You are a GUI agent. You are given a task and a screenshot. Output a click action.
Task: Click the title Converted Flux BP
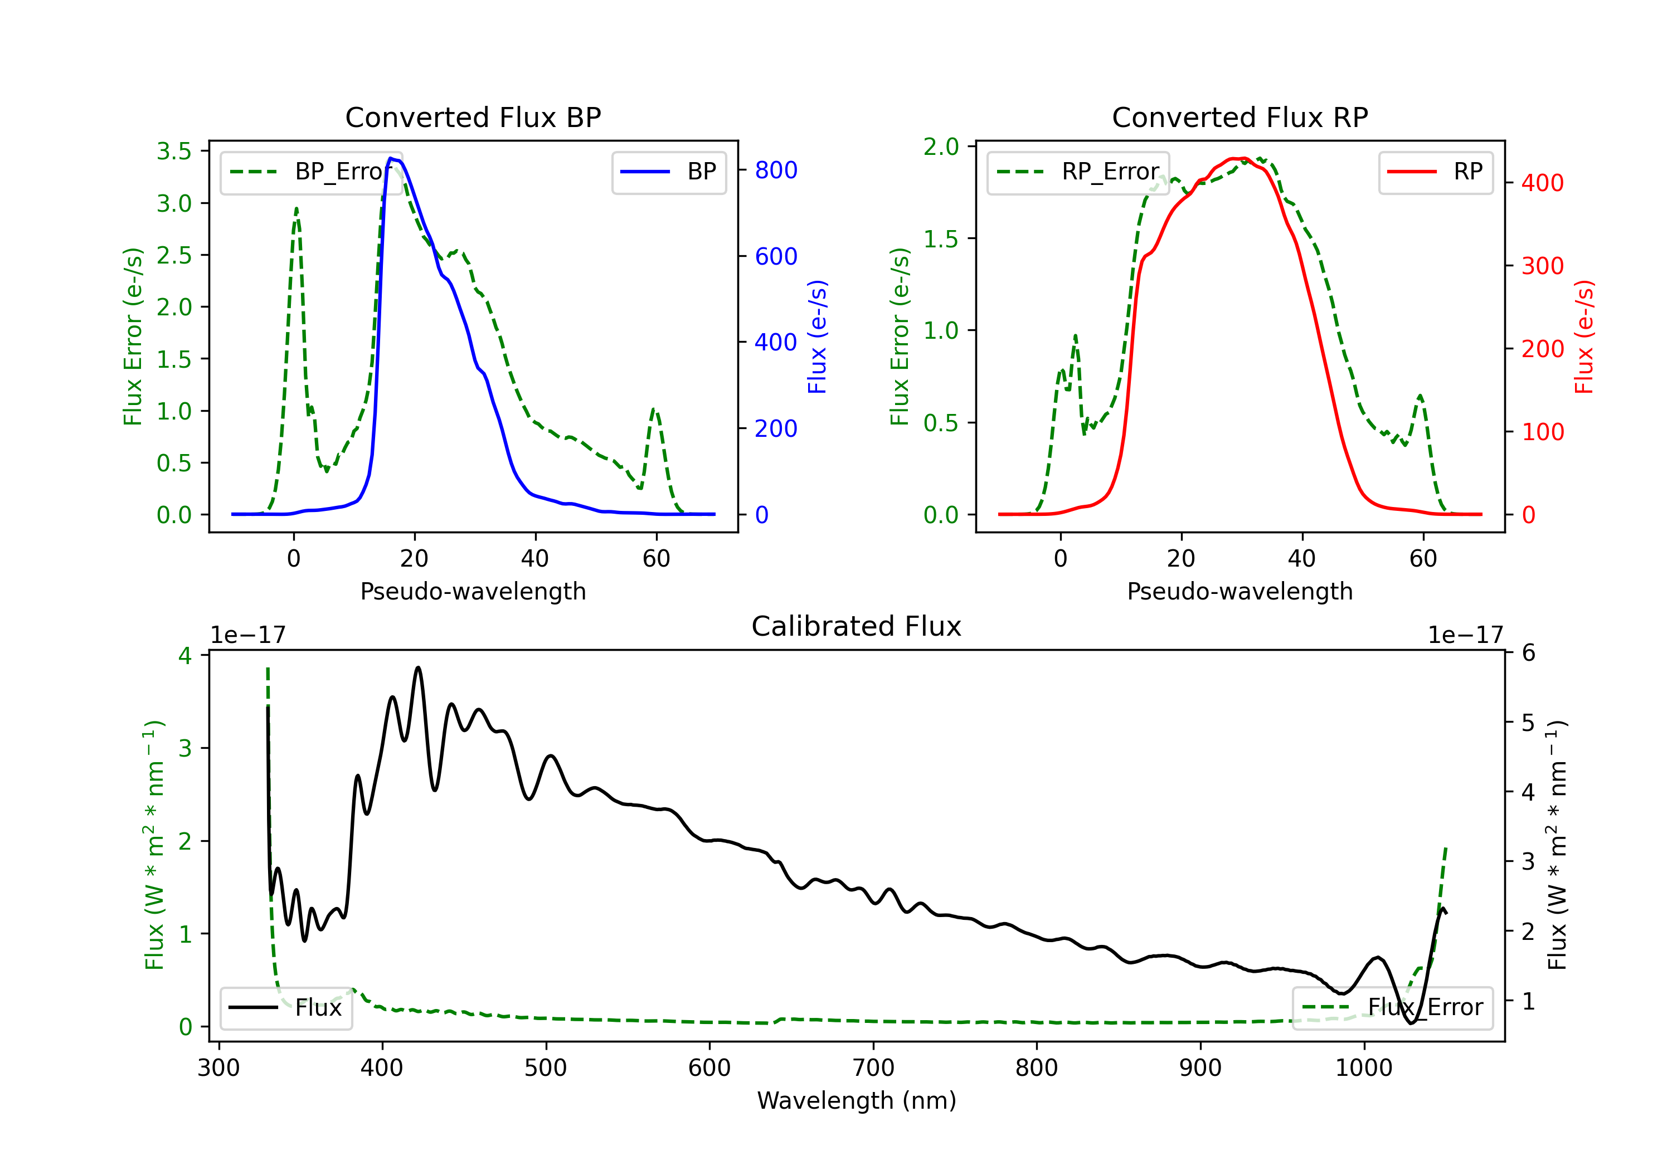pyautogui.click(x=473, y=117)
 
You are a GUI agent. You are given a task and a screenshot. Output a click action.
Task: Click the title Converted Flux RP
pyautogui.click(x=1240, y=117)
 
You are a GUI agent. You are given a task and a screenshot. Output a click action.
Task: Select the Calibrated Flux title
pyautogui.click(x=857, y=626)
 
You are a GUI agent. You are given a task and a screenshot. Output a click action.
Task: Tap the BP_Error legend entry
pyautogui.click(x=312, y=172)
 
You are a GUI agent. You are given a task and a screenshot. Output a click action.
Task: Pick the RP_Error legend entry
pyautogui.click(x=1078, y=172)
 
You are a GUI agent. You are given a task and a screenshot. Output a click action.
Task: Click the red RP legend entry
pyautogui.click(x=1435, y=172)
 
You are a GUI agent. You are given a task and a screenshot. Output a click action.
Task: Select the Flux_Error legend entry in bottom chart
pyautogui.click(x=1392, y=1008)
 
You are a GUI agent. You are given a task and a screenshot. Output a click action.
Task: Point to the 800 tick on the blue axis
pyautogui.click(x=776, y=170)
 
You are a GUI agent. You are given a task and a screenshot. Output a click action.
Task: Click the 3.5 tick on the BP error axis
pyautogui.click(x=174, y=151)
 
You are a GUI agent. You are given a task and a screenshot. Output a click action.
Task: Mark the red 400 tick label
pyautogui.click(x=1542, y=183)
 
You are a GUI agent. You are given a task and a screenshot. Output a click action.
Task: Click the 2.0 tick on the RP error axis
pyautogui.click(x=941, y=147)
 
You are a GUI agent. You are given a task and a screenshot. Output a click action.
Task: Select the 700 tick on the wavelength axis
pyautogui.click(x=873, y=1068)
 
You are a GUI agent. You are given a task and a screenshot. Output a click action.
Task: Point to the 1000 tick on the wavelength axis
pyautogui.click(x=1364, y=1068)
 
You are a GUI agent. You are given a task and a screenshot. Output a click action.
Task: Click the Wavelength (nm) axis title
pyautogui.click(x=857, y=1101)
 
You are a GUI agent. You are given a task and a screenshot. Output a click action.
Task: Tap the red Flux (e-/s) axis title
pyautogui.click(x=1584, y=337)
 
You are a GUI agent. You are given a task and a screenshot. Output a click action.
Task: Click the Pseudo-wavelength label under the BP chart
pyautogui.click(x=473, y=591)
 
